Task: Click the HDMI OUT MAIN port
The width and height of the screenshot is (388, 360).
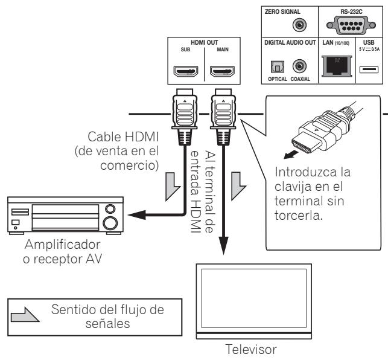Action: pos(221,73)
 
